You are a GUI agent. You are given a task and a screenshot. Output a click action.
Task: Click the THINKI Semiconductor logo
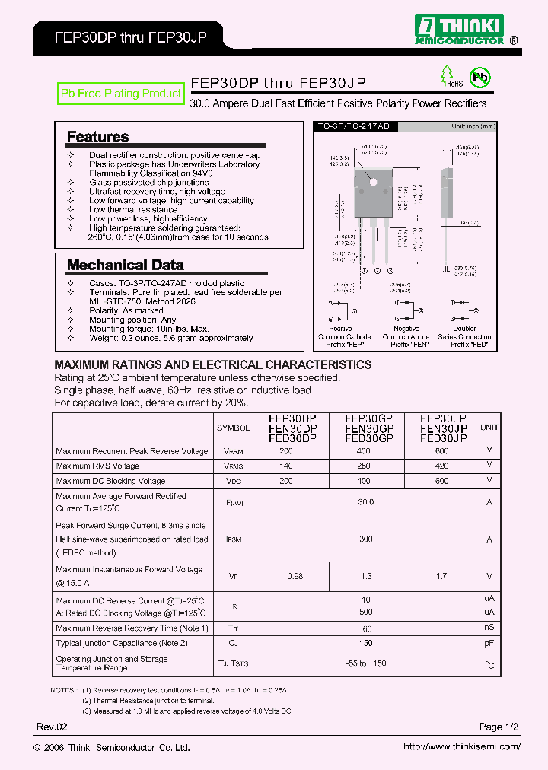458,29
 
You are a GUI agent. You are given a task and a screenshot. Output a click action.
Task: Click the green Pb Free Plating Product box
121,94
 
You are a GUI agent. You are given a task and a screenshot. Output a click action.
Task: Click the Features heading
97,137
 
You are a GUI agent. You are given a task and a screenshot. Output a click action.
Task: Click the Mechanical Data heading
125,265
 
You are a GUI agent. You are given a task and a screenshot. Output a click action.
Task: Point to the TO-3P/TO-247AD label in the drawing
342,126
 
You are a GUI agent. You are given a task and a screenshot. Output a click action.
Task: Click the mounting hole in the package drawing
372,181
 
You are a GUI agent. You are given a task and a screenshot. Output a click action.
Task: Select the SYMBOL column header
233,428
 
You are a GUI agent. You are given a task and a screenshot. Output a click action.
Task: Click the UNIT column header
489,428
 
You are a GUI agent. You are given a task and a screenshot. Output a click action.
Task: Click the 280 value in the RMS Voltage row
364,466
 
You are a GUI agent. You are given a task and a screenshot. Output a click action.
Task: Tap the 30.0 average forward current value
366,502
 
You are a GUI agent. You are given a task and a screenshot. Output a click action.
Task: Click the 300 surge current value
366,539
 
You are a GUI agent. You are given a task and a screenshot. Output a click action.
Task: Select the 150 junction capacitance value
366,643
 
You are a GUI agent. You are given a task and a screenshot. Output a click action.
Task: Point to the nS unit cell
489,628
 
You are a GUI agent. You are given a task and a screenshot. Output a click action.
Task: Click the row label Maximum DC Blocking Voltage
111,481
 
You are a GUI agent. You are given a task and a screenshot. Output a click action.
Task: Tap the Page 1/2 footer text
499,727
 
